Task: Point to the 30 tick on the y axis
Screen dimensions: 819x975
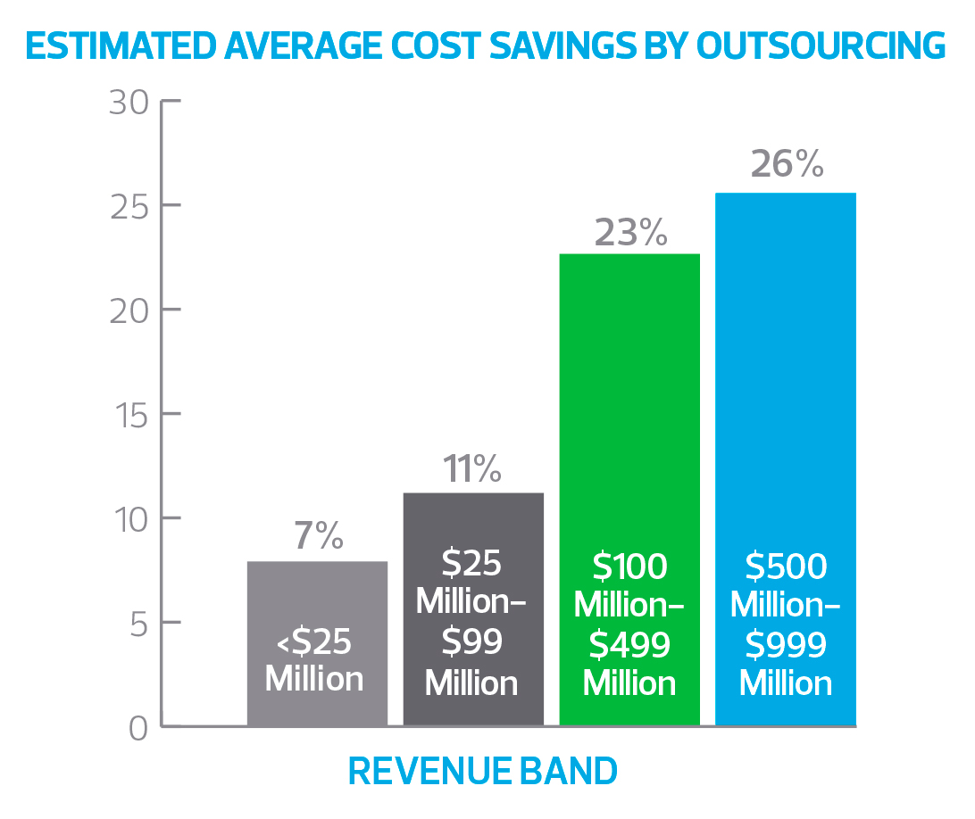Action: [130, 102]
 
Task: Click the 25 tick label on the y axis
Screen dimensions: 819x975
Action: [130, 206]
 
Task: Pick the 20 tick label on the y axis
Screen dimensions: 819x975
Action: [130, 310]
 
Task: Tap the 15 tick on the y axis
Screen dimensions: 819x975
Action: [130, 414]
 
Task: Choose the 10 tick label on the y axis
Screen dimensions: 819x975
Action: [130, 518]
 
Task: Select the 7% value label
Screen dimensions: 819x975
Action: [317, 536]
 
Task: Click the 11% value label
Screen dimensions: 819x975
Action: [472, 468]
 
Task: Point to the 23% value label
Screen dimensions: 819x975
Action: [629, 233]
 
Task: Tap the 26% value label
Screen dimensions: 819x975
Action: [787, 165]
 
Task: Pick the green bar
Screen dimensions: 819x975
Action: [629, 401]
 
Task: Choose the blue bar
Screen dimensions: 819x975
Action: [786, 375]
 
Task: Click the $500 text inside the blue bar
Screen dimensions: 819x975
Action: [786, 567]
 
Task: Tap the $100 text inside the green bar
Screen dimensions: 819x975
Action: [629, 567]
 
